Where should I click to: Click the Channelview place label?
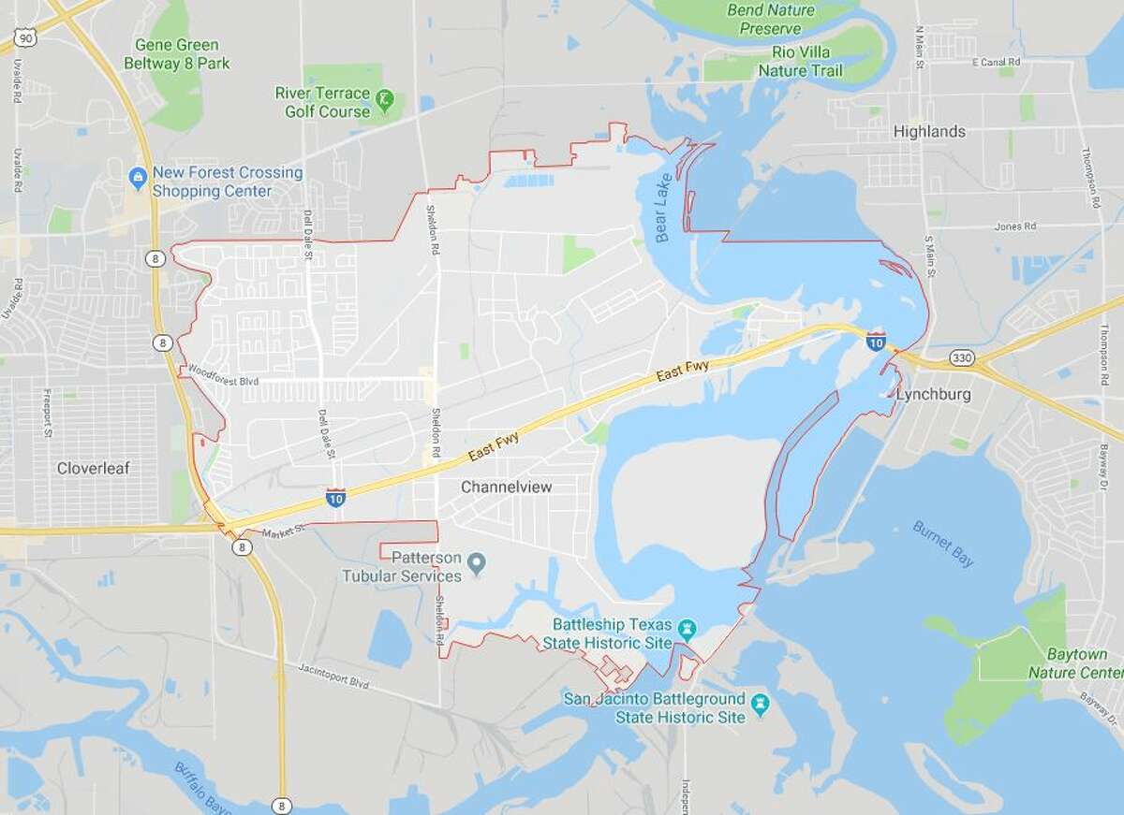(x=506, y=488)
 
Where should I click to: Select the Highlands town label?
(x=929, y=132)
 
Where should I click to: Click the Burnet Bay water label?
(x=942, y=545)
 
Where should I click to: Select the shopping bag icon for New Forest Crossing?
(x=139, y=175)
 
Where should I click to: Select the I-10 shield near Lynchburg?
(x=876, y=342)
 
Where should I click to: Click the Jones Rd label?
(x=1016, y=226)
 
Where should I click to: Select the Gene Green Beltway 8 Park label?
(x=177, y=54)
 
